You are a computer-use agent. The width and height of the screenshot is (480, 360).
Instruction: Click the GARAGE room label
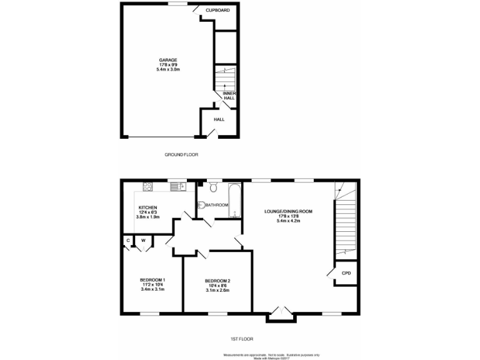(167, 60)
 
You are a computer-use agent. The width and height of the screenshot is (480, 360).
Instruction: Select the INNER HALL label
(229, 96)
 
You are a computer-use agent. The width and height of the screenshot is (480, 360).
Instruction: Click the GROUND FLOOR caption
(181, 154)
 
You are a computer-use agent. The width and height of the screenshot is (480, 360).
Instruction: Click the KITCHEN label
(147, 207)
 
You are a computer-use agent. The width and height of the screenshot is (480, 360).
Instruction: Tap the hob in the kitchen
(147, 186)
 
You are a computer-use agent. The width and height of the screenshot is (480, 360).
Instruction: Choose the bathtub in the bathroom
(235, 199)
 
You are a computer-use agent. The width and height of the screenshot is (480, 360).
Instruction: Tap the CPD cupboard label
(346, 273)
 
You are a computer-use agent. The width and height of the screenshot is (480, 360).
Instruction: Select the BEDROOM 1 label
(152, 279)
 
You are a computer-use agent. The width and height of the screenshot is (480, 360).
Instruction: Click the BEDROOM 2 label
(217, 281)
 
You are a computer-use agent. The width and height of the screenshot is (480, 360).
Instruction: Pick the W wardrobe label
(143, 240)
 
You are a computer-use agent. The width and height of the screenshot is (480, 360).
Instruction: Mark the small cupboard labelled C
(128, 240)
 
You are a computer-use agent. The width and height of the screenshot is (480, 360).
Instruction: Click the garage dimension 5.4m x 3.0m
(167, 69)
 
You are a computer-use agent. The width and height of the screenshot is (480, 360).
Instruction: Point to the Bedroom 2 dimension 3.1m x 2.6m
(217, 291)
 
